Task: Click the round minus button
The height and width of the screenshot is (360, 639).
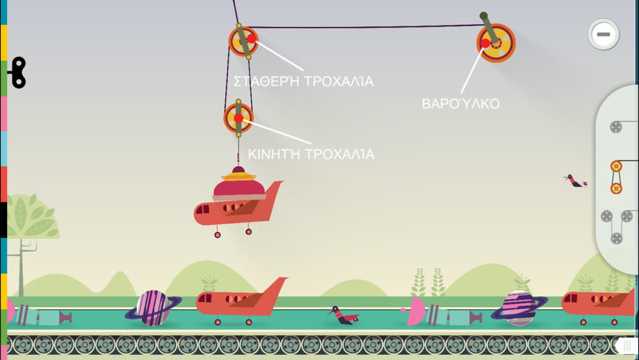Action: click(x=603, y=35)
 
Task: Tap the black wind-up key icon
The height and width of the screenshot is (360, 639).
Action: click(x=19, y=72)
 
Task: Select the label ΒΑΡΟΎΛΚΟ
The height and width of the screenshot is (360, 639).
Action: click(x=461, y=103)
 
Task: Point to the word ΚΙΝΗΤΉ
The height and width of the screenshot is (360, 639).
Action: click(x=274, y=154)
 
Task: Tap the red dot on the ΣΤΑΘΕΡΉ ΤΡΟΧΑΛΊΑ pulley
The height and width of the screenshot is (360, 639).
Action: click(x=251, y=39)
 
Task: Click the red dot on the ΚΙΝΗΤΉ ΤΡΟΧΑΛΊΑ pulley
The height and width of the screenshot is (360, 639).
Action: click(x=238, y=118)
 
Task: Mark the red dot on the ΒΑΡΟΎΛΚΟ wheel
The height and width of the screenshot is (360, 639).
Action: click(x=485, y=43)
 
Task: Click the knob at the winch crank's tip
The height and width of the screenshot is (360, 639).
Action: click(x=483, y=16)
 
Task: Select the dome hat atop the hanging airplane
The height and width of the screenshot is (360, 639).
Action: click(x=239, y=184)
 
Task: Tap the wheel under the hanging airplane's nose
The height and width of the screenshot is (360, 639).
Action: click(x=218, y=235)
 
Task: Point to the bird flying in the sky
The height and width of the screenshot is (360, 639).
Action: click(x=575, y=180)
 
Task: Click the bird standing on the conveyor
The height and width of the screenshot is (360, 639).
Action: click(x=343, y=316)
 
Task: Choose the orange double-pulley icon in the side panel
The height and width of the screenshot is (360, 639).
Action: click(x=616, y=177)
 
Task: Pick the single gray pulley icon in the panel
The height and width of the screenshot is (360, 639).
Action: click(x=616, y=127)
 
